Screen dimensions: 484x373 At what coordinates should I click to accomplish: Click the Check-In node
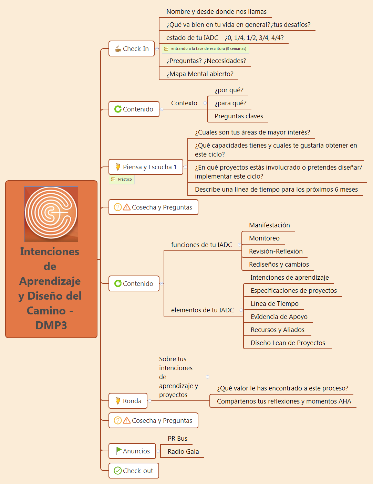click(x=132, y=49)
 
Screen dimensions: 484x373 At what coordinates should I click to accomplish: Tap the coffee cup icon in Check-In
click(x=118, y=49)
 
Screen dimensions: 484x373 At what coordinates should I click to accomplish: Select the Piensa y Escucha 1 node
click(x=146, y=167)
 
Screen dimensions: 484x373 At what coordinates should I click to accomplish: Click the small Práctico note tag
click(x=122, y=179)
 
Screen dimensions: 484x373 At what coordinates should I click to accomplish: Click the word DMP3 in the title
click(x=51, y=325)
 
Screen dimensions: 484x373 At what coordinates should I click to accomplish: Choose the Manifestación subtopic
click(x=269, y=225)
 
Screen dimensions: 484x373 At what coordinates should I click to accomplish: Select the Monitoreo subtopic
click(x=264, y=238)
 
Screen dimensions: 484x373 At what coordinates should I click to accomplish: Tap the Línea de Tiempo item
click(x=274, y=304)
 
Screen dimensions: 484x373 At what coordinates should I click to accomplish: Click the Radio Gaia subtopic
click(x=183, y=452)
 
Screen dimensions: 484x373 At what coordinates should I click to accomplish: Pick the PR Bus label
click(x=177, y=439)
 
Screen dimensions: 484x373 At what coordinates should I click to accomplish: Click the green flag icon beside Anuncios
click(x=118, y=451)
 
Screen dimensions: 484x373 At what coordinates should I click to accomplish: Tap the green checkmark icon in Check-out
click(x=118, y=471)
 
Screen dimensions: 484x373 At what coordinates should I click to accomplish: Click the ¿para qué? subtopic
click(x=230, y=103)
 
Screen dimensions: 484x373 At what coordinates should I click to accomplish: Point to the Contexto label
click(x=184, y=103)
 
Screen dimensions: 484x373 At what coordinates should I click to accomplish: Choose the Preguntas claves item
click(x=239, y=116)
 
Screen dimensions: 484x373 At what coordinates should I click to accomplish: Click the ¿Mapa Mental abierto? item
click(x=200, y=74)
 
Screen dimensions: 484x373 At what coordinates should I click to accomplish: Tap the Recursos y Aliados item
click(x=278, y=330)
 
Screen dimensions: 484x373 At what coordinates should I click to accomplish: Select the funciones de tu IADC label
click(x=201, y=245)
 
